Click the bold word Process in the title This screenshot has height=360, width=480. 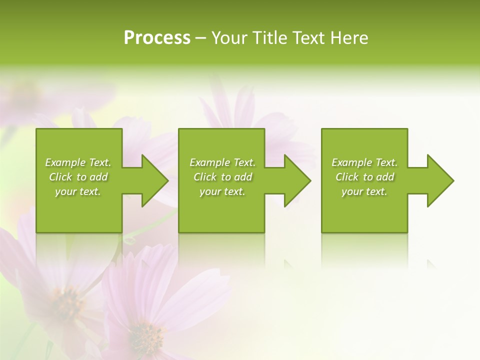click(x=157, y=38)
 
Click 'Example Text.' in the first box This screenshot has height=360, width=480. click(x=78, y=162)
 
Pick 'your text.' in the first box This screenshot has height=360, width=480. click(x=78, y=191)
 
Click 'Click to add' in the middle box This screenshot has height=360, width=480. click(x=222, y=177)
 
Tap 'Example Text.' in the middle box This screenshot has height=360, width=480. click(x=222, y=162)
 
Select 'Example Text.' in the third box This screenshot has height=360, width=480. click(x=364, y=162)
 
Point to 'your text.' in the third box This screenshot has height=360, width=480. click(x=364, y=191)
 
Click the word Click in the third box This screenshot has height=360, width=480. click(x=347, y=177)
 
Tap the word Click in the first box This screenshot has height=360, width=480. click(x=60, y=177)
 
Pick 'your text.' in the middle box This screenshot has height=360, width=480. click(x=222, y=191)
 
